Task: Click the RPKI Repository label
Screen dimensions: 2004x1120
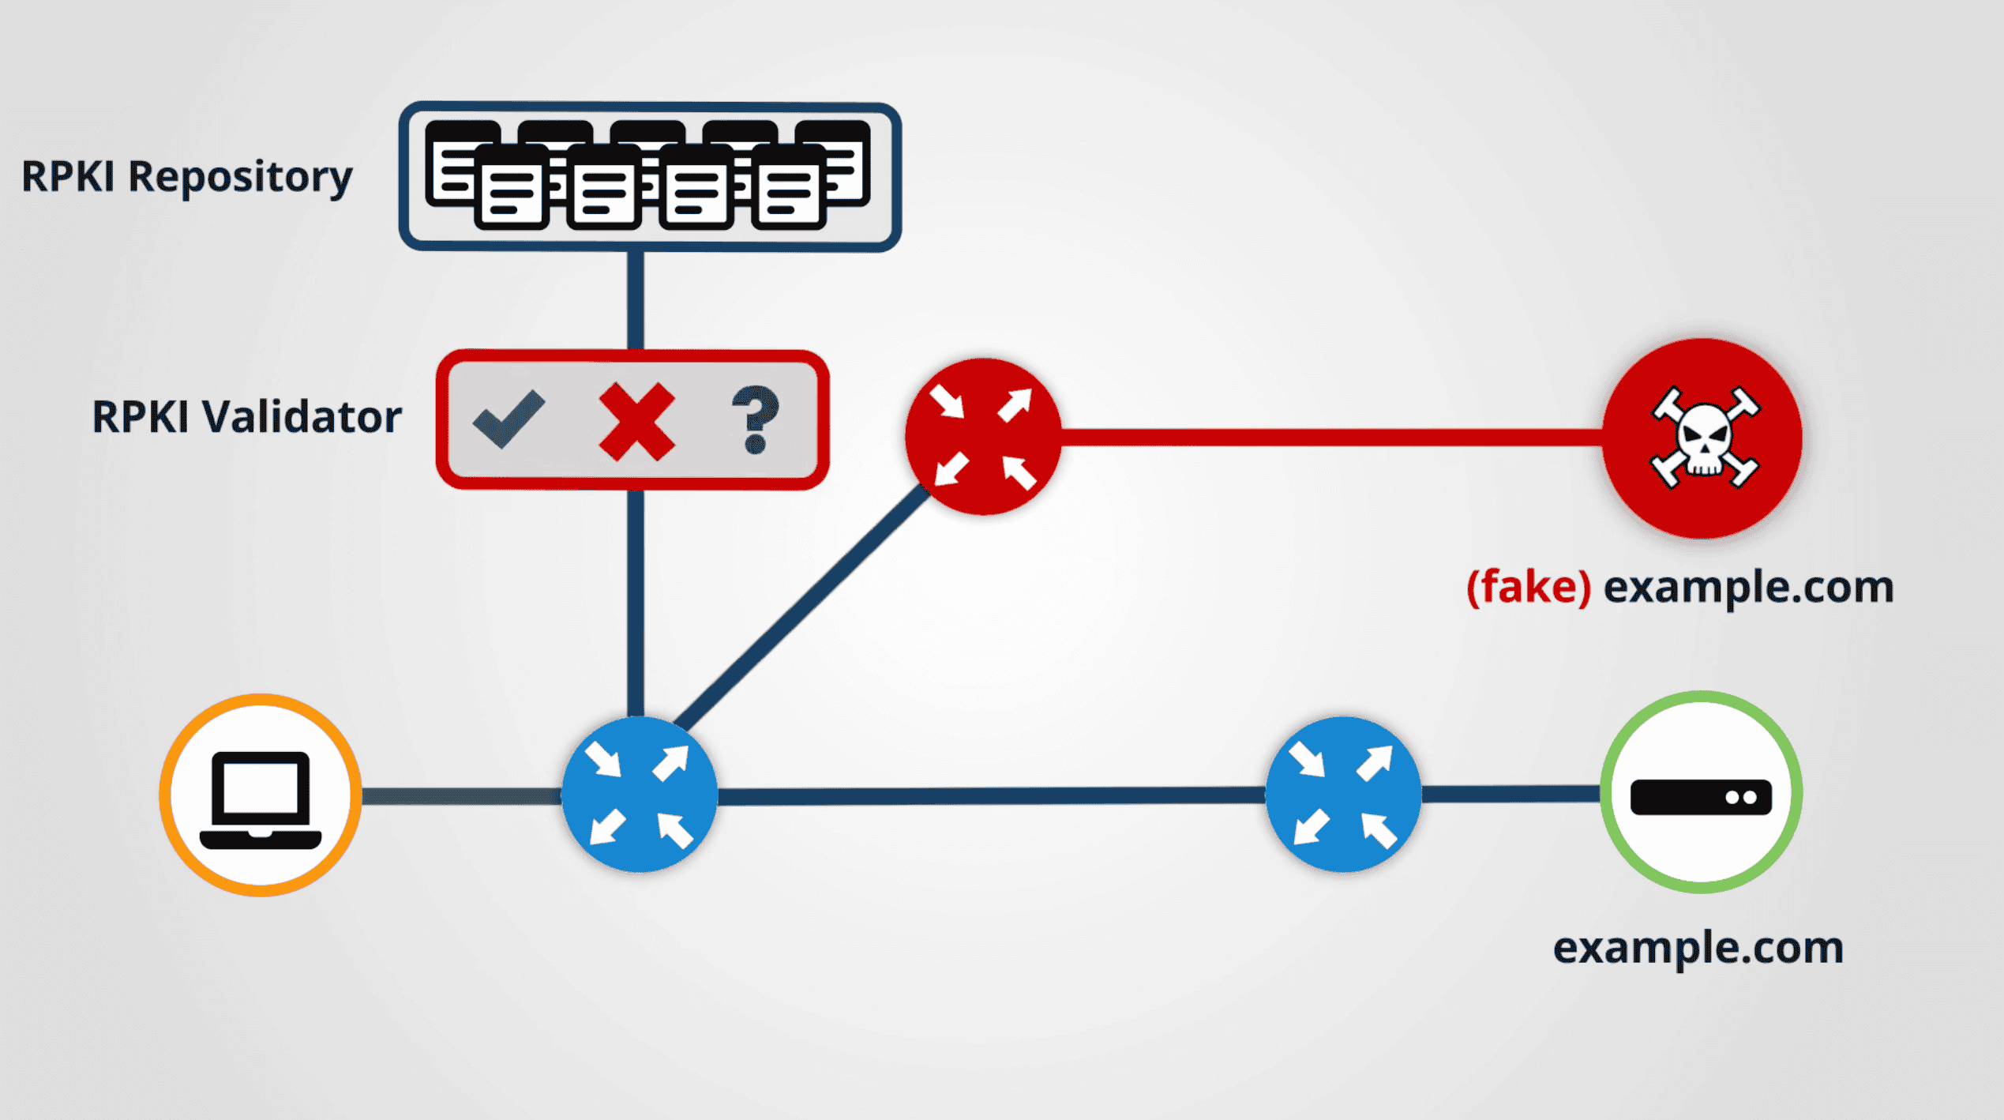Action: coord(186,177)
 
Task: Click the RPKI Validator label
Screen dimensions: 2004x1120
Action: coord(246,416)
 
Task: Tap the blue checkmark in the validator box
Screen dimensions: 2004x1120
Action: coord(509,419)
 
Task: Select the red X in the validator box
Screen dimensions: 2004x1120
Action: coord(636,422)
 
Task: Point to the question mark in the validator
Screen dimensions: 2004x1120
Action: coord(756,419)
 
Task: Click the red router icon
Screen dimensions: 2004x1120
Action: coord(983,437)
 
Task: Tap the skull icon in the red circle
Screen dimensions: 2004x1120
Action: coord(1705,438)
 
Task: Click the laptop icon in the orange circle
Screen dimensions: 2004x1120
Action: coord(261,799)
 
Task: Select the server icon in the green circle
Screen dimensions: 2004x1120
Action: coord(1702,796)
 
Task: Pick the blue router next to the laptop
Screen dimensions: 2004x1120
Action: coord(639,795)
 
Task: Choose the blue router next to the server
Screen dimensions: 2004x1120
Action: coord(1343,795)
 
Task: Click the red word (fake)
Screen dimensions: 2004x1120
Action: coord(1528,587)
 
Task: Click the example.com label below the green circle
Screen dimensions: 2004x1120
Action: coord(1698,947)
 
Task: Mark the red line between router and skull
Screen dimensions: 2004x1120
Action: coord(1332,437)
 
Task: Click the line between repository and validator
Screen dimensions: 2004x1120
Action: coord(636,301)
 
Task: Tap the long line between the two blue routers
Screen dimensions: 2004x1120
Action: coord(991,795)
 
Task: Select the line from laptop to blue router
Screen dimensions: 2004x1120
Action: coord(461,796)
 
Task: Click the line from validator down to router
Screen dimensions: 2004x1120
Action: coord(636,603)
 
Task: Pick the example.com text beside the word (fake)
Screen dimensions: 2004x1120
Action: coord(1748,588)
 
